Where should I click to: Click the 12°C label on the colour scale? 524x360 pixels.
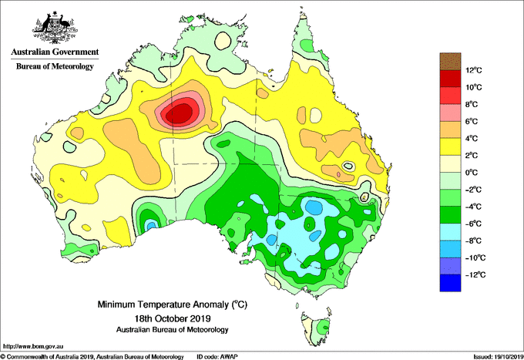474,70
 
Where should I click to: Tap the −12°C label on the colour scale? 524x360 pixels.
475,274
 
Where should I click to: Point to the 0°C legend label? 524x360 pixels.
472,173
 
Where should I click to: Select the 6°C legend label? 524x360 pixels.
472,121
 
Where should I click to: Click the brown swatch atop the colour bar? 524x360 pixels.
451,61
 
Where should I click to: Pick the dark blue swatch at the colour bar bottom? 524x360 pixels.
451,283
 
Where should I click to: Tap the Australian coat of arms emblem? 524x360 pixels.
55,28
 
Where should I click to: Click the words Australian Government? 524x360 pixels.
55,52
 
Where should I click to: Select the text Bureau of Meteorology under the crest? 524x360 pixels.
55,66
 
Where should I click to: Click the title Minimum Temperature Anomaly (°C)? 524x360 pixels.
173,304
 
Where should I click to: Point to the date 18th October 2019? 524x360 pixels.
173,318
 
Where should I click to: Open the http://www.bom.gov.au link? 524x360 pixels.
32,347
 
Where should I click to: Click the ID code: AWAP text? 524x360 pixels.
217,357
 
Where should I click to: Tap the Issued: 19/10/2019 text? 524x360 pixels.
499,357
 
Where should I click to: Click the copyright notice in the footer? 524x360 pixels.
92,357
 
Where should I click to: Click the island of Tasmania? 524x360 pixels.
317,329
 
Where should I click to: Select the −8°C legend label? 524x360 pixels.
474,241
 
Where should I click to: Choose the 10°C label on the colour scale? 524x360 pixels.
474,87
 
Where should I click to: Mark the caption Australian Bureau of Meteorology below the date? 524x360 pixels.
173,330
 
